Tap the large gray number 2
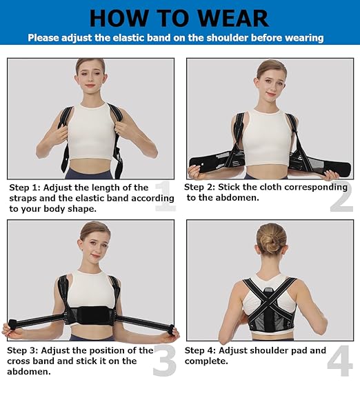coord(341,196)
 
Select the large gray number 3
coord(163,360)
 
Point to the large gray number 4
coord(340,360)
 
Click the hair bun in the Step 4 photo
coord(271,238)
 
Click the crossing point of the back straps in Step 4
coord(270,296)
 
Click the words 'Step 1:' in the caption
coord(27,188)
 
